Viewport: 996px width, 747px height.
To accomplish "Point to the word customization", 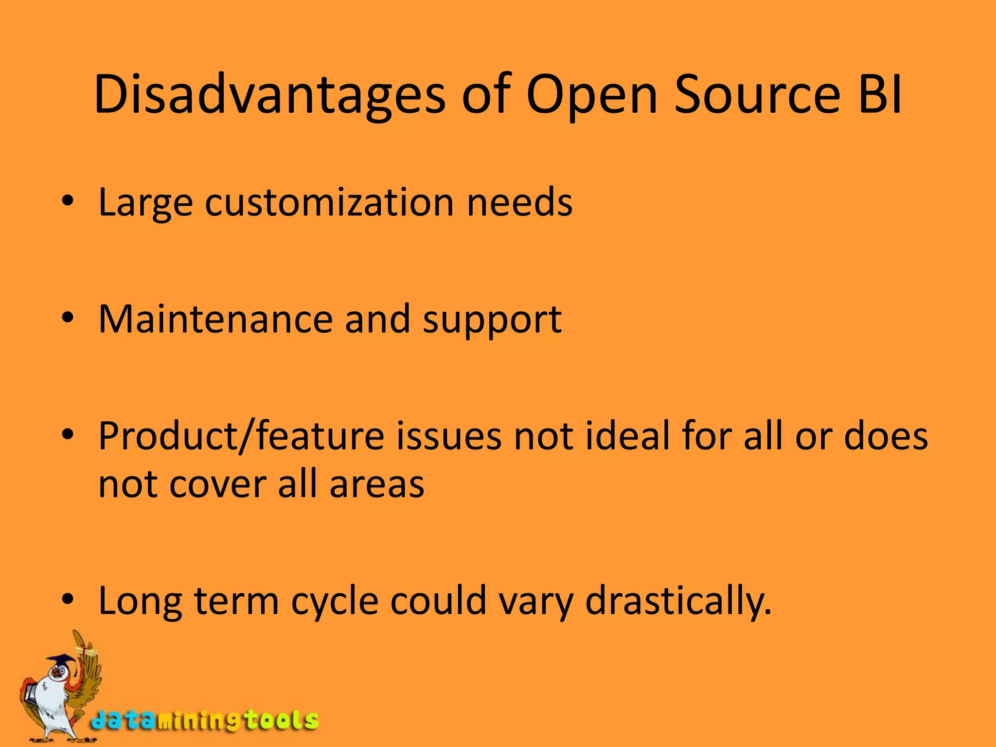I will point(329,203).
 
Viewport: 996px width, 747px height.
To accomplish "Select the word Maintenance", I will point(215,319).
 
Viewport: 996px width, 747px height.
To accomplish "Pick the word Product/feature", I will point(241,436).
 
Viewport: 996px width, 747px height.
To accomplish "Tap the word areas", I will point(376,484).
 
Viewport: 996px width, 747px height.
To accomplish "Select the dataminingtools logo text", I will point(204,720).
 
